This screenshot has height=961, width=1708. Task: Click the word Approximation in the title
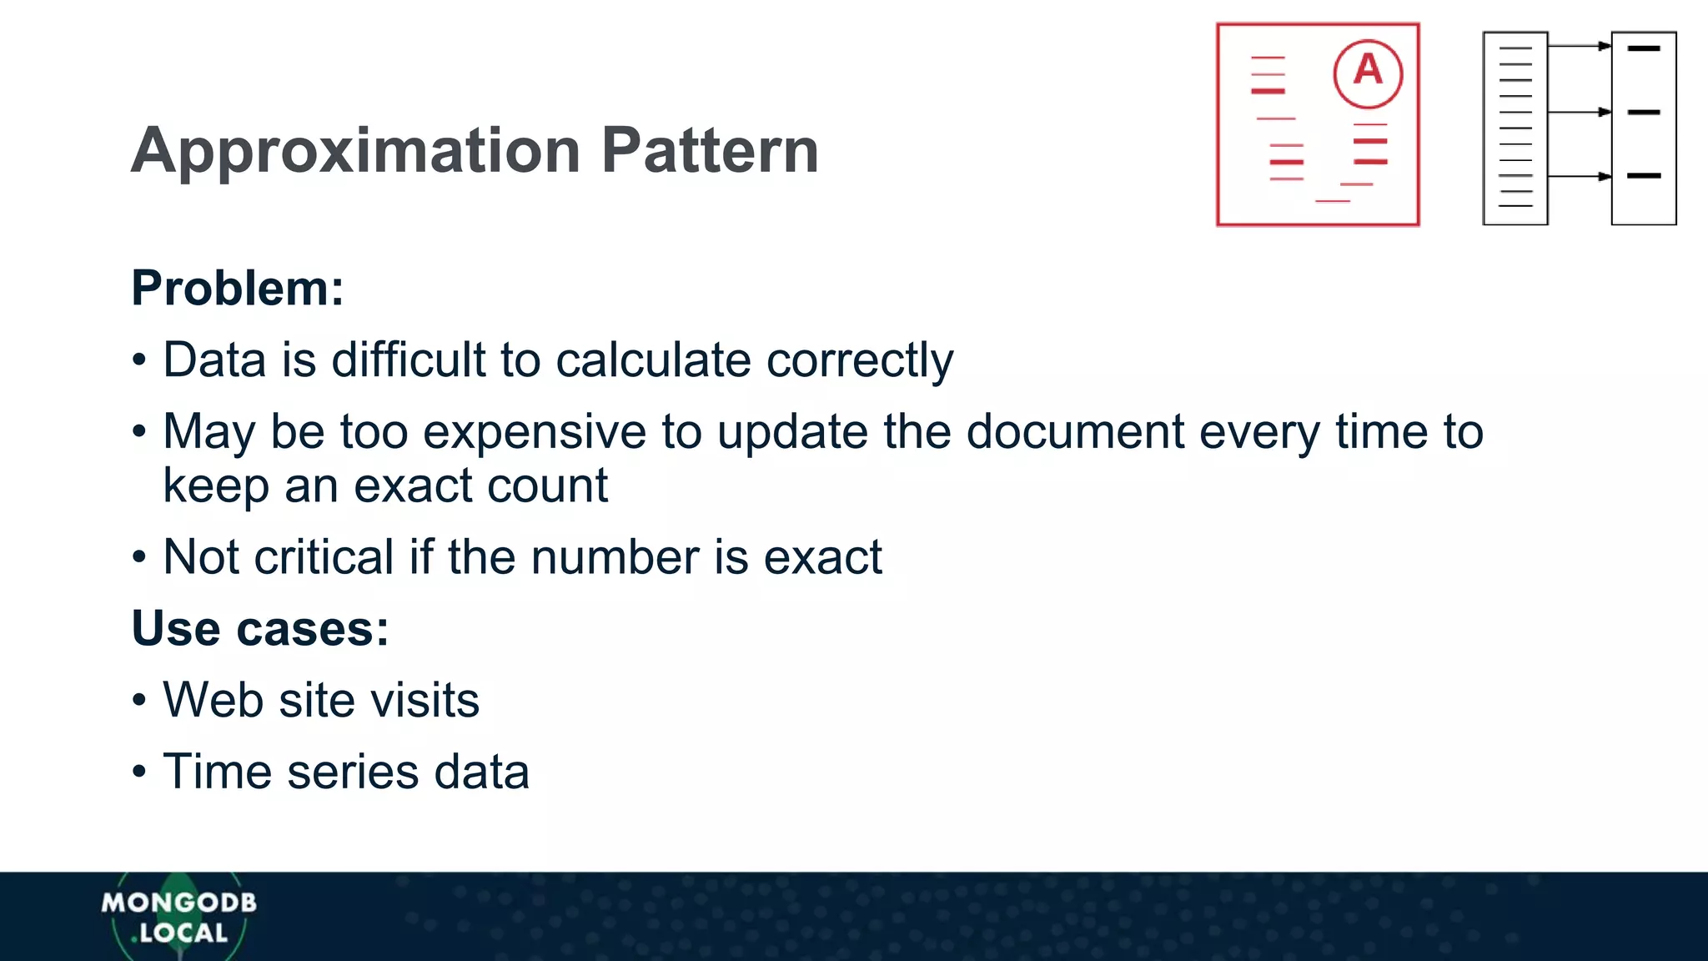[x=356, y=151]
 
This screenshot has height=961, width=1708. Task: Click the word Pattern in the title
[x=710, y=151]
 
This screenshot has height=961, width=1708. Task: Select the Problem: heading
[x=238, y=289]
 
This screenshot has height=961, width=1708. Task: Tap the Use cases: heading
[x=260, y=628]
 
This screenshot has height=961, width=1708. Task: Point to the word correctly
[x=860, y=361]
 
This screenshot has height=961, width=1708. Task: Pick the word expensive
[x=535, y=432]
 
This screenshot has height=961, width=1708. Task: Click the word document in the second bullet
[x=1075, y=432]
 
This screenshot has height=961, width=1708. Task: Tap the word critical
[x=324, y=557]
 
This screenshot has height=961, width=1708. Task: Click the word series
[x=353, y=772]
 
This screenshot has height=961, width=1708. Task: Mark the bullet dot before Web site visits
[x=139, y=700]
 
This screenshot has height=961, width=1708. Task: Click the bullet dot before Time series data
[x=139, y=772]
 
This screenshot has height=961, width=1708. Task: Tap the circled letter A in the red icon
[x=1368, y=73]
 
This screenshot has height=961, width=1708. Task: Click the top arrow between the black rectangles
[x=1579, y=47]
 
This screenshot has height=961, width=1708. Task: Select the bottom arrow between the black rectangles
[x=1579, y=176]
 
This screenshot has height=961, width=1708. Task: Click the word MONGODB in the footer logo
[x=178, y=903]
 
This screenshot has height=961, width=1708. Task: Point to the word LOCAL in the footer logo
[x=183, y=933]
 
